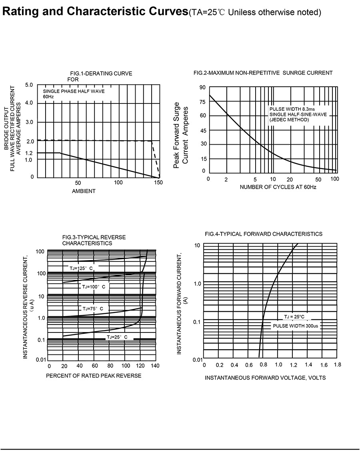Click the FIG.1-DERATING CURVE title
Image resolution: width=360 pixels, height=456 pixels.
coord(101,74)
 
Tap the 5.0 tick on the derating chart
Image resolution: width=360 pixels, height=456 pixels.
coord(29,85)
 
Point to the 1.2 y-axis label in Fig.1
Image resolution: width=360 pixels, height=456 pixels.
coord(29,153)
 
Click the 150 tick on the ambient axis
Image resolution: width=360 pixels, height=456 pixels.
coord(158,183)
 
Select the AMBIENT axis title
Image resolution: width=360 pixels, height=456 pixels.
coord(84,191)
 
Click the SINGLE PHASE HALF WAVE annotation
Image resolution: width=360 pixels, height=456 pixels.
coord(74,91)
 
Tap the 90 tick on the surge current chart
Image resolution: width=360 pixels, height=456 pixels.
coord(202,88)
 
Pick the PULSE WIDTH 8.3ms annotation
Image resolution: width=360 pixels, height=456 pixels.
coord(292,109)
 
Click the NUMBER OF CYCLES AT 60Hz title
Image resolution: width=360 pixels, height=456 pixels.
coord(278,187)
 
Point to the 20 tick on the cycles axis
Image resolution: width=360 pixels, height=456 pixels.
coord(290,179)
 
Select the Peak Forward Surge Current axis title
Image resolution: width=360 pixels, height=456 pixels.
coord(181,135)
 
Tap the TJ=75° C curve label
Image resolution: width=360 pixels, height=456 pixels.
coord(93,309)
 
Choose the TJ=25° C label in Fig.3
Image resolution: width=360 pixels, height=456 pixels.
coord(117,337)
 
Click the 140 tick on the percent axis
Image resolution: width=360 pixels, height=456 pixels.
coord(155,366)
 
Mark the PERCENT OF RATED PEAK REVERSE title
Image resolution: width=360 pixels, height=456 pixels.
coord(94,376)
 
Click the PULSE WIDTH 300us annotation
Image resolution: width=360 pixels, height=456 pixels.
coord(296,326)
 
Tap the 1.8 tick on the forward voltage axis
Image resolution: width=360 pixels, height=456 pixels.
coord(337,365)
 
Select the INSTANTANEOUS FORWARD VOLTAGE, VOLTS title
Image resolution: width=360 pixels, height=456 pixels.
coord(265,378)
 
